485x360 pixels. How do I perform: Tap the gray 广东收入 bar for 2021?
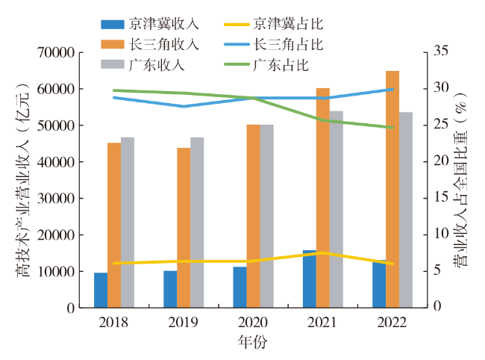tap(336, 209)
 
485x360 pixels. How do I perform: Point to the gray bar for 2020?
tap(266, 216)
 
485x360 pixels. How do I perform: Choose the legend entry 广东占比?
tap(281, 64)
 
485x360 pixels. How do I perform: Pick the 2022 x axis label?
tap(392, 322)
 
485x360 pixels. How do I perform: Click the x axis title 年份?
tap(253, 343)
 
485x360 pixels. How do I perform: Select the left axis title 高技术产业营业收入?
tap(23, 179)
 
